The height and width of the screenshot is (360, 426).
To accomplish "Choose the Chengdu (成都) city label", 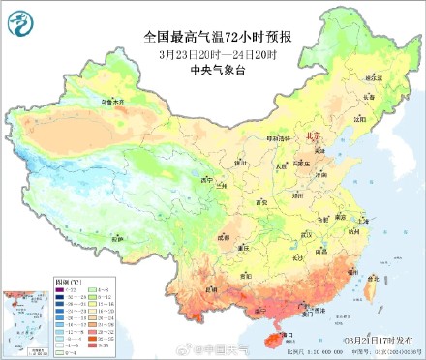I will [225, 235].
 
